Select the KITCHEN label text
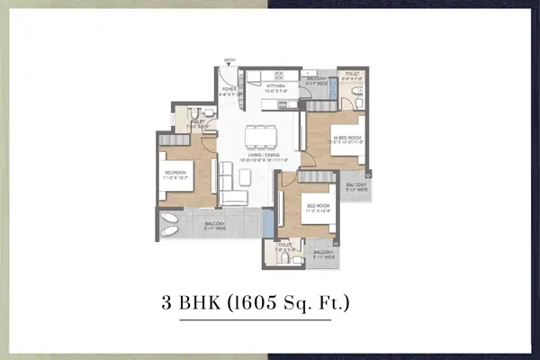tap(274, 87)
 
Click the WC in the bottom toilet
tap(286, 258)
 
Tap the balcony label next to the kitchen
tap(316, 81)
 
